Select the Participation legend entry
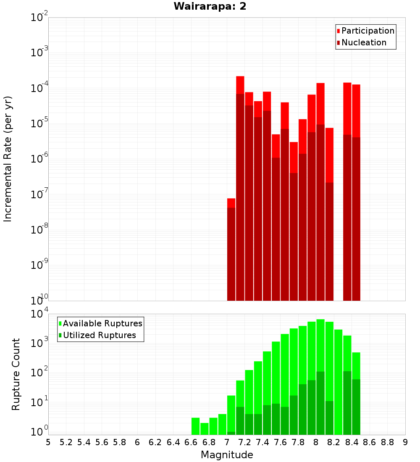[367, 31]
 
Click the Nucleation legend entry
[363, 42]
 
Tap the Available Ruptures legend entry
[102, 323]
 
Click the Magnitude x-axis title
[227, 455]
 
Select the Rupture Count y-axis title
[16, 374]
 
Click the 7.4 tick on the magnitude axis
[262, 442]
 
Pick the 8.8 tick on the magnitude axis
[387, 442]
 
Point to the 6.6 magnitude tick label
[191, 442]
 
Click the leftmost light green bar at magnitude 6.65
[195, 426]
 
